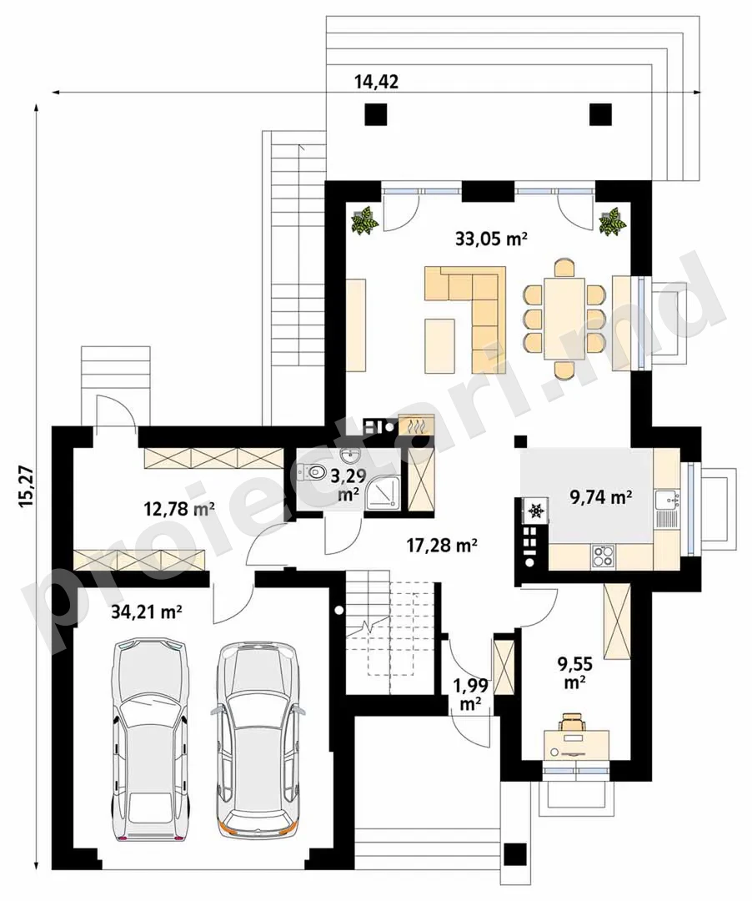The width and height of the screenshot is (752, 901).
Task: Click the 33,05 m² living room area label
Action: (x=491, y=239)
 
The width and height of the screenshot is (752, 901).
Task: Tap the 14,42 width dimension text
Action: (x=376, y=82)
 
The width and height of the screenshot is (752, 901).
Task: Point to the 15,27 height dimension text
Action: (x=27, y=486)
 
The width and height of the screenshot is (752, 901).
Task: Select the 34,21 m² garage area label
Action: (x=147, y=612)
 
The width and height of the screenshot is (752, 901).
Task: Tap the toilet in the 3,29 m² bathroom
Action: (x=310, y=471)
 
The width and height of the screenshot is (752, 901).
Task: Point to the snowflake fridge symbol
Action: (x=536, y=511)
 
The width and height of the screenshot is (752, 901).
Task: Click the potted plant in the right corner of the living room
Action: (x=612, y=221)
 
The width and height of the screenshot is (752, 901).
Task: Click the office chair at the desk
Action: (x=572, y=722)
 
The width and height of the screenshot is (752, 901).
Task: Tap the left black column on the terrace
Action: (x=375, y=113)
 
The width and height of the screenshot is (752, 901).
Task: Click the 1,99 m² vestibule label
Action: (x=471, y=694)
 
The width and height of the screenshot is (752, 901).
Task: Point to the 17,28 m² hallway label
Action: (x=442, y=545)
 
